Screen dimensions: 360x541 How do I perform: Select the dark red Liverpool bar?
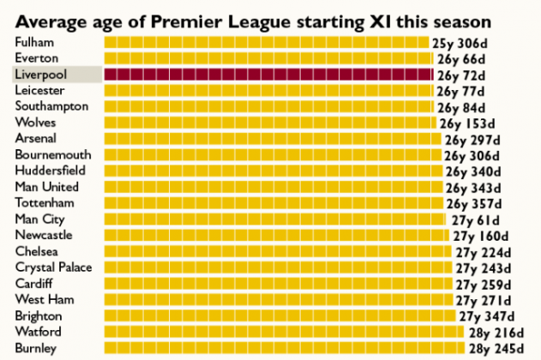tap(267, 75)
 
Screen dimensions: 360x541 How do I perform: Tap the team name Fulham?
tap(33, 42)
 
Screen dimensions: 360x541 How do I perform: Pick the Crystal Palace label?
tap(53, 267)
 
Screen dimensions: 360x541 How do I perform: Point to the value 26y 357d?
tap(475, 204)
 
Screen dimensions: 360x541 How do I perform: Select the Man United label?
tap(46, 187)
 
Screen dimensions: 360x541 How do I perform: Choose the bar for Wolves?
tap(270, 123)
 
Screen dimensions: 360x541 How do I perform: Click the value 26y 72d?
tap(461, 75)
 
